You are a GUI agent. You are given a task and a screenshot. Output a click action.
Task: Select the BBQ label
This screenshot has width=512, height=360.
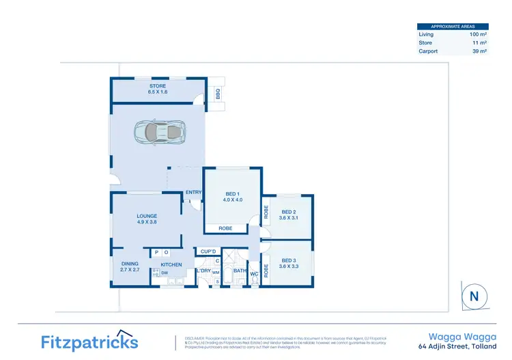point(218,93)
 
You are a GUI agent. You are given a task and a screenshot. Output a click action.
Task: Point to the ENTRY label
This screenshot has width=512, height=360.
point(194,193)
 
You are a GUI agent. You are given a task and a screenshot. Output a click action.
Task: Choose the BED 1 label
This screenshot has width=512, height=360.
point(233,196)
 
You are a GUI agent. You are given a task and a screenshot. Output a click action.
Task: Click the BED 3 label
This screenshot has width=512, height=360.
point(289,262)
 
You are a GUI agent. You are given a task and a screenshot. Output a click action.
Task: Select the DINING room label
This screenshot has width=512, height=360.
point(130,266)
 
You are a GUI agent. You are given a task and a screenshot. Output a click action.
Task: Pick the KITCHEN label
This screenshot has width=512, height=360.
point(171,264)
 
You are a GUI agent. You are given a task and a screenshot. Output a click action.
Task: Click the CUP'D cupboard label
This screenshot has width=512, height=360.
point(209,251)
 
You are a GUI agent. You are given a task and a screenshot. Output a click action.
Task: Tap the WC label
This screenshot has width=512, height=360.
point(253,275)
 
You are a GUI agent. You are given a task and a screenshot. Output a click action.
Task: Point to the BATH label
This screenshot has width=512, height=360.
point(240,271)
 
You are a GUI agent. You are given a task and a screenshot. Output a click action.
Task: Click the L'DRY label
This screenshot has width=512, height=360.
point(203,271)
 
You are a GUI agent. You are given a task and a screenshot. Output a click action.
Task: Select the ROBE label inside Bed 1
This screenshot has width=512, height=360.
point(226,228)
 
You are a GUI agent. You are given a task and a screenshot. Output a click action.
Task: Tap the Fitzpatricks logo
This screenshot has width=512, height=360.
point(89,342)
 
